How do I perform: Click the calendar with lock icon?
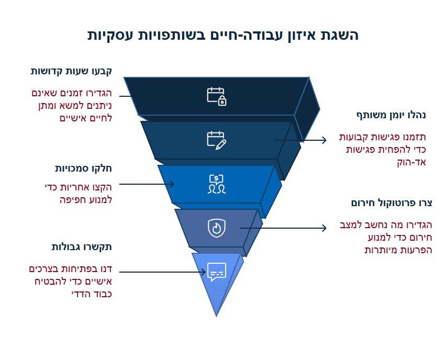click(x=216, y=96)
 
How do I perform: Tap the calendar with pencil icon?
click(x=216, y=140)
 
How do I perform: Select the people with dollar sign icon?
click(x=216, y=184)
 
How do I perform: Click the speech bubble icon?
click(x=216, y=272)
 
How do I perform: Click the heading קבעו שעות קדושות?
click(x=72, y=71)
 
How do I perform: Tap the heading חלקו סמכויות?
click(x=84, y=168)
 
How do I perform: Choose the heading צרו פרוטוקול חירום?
click(x=392, y=203)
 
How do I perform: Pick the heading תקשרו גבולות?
click(x=82, y=246)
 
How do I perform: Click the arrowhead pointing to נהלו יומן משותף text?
click(x=324, y=140)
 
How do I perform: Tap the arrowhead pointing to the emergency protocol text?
click(x=324, y=228)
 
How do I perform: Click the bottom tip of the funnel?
click(x=216, y=315)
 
